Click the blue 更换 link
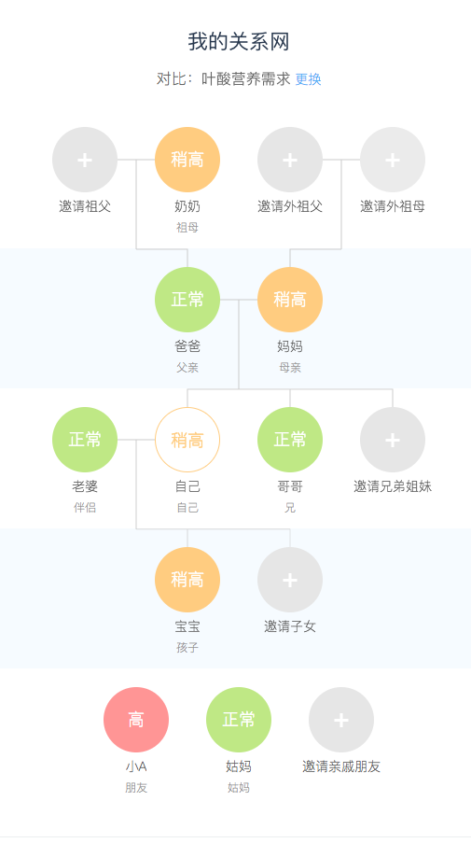[308, 79]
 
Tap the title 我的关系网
[239, 41]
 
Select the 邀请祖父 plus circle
[85, 160]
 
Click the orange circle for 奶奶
[187, 160]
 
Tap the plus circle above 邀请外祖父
[290, 160]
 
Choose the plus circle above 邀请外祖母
[393, 160]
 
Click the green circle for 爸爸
[187, 300]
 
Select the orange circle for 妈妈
[290, 300]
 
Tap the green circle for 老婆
[85, 440]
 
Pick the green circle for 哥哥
[290, 440]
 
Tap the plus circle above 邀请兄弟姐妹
[393, 440]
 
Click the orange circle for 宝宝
[187, 580]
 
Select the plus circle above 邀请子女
[290, 580]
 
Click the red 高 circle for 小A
[136, 719]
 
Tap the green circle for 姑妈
[239, 719]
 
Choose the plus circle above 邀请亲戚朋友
[341, 719]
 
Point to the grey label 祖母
[187, 228]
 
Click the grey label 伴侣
[85, 507]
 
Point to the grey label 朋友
[136, 787]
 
